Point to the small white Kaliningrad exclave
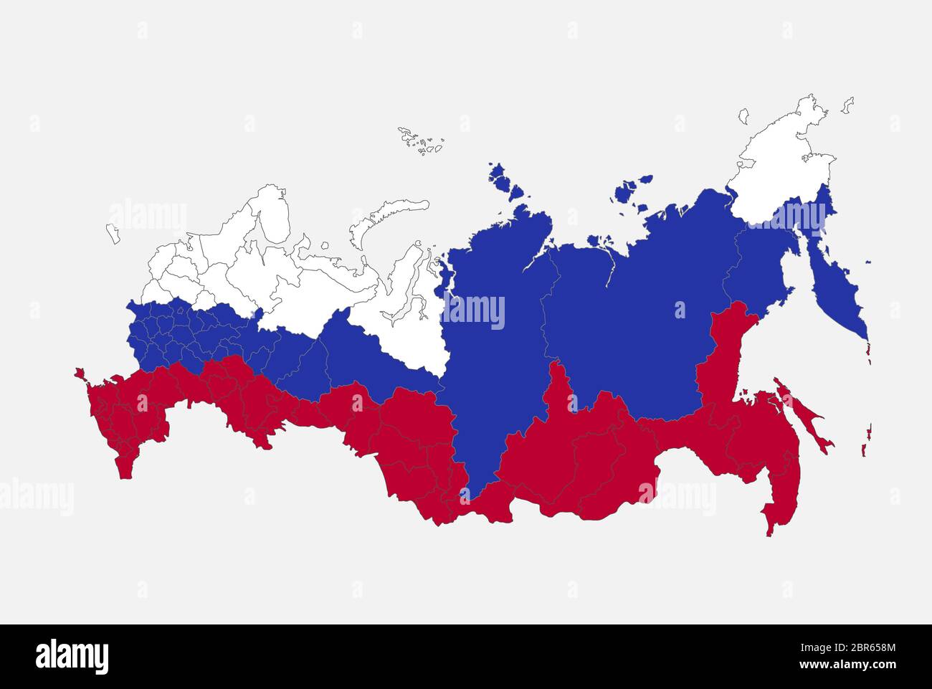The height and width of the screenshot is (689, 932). pos(113,233)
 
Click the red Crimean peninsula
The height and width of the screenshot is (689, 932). pos(79,374)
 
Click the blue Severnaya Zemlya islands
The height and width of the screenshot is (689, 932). pos(505,179)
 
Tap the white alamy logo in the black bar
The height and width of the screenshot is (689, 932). pos(72,656)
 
